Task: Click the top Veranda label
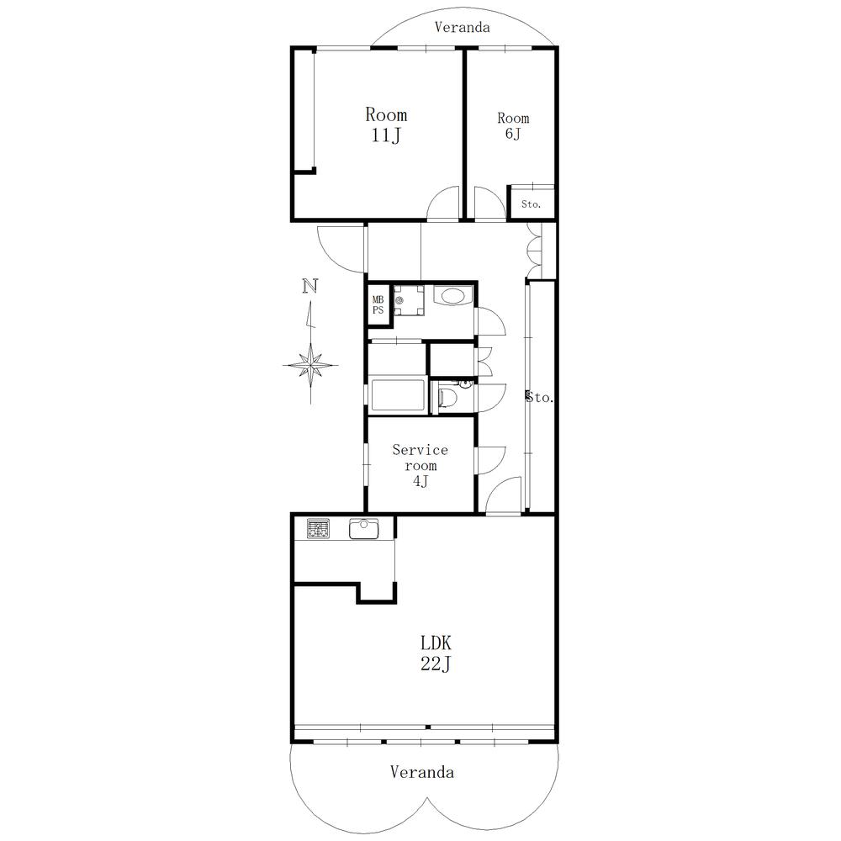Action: [x=462, y=27]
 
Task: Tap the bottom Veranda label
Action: [x=421, y=772]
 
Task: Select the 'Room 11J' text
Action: [x=386, y=124]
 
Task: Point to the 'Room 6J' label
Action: [x=513, y=125]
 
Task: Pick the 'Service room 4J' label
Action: [x=420, y=466]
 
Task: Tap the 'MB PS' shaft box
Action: [x=378, y=304]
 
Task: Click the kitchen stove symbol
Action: [x=318, y=529]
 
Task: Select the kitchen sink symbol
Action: [x=365, y=529]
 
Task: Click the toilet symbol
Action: [x=447, y=397]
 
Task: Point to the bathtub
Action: [x=397, y=395]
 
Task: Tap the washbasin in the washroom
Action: [x=454, y=296]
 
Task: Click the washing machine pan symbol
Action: [x=409, y=299]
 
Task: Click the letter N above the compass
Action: [x=310, y=286]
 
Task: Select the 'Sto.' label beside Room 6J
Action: [x=531, y=204]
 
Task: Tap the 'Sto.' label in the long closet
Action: [x=540, y=397]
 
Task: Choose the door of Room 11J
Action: [x=441, y=206]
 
